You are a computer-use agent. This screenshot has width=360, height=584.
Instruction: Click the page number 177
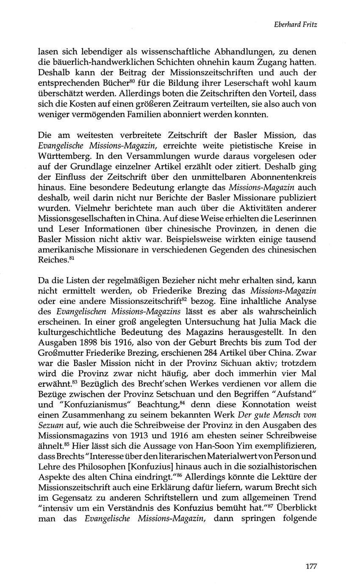[x=311, y=566]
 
